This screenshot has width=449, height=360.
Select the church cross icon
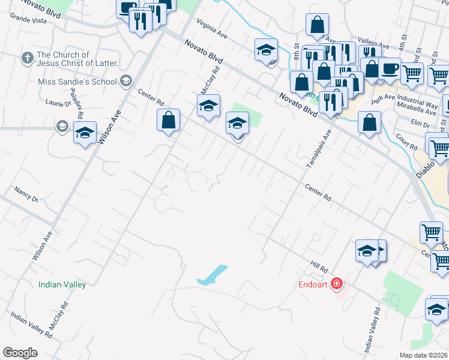(x=27, y=58)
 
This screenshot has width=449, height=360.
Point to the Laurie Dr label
(x=58, y=103)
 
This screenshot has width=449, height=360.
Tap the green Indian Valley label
(x=62, y=285)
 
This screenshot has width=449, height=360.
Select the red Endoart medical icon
(x=337, y=283)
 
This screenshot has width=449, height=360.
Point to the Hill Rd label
(x=318, y=265)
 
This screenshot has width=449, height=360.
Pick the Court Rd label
(x=406, y=142)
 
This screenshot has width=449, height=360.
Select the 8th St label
(x=296, y=47)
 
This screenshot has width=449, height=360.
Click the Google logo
(x=20, y=353)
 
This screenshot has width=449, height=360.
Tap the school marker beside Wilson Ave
(x=85, y=133)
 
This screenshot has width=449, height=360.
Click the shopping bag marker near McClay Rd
(x=169, y=119)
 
